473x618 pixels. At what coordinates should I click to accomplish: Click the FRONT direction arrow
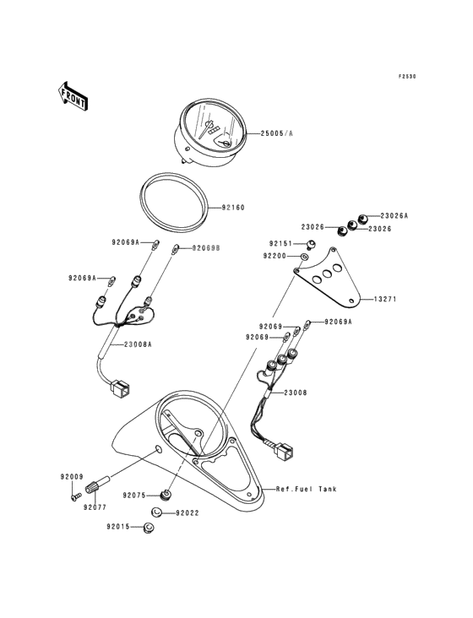(x=73, y=95)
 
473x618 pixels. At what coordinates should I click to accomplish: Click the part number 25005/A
(x=277, y=133)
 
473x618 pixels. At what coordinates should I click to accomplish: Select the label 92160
(x=233, y=208)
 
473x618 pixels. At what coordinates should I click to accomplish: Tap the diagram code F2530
(x=407, y=77)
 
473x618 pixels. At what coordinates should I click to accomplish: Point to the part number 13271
(x=385, y=299)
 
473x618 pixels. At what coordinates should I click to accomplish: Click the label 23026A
(x=394, y=215)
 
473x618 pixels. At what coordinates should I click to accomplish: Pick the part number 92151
(x=281, y=244)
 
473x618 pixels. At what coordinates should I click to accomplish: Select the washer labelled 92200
(x=304, y=257)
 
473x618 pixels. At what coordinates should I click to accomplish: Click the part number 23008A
(x=138, y=344)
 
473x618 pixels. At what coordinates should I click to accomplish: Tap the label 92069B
(x=206, y=248)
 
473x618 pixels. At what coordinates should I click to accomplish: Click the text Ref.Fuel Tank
(x=307, y=489)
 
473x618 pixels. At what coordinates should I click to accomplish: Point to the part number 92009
(x=72, y=477)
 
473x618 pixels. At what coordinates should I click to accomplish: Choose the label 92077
(x=95, y=507)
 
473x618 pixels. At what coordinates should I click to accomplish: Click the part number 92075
(x=134, y=496)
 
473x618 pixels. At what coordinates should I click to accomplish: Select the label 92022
(x=188, y=513)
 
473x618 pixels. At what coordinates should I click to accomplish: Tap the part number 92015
(x=118, y=527)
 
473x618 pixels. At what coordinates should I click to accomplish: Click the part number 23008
(x=296, y=393)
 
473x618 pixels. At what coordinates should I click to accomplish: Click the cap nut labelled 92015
(x=148, y=528)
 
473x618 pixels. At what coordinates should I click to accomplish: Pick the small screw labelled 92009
(x=76, y=496)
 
